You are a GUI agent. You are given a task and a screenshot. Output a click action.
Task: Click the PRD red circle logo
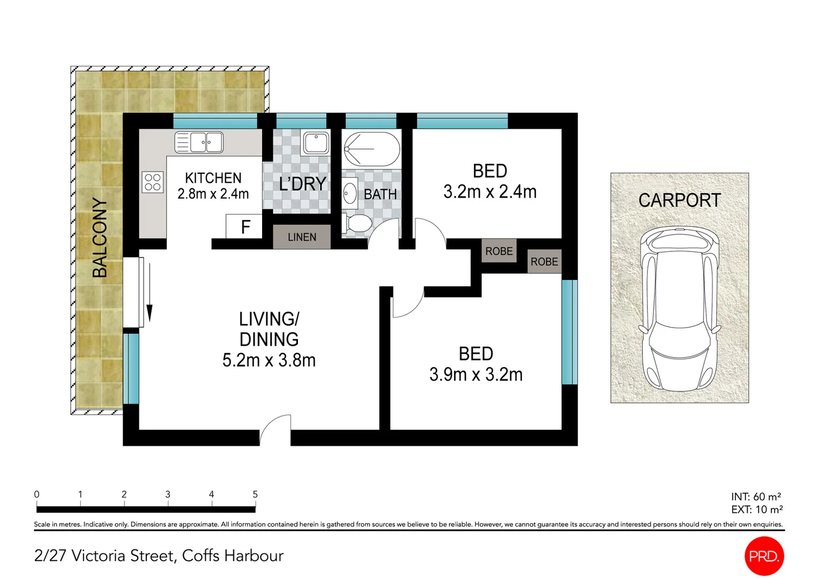tap(764, 556)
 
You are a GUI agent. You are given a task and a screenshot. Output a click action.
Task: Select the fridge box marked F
tap(244, 227)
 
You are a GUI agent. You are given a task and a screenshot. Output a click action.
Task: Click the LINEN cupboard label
tap(302, 237)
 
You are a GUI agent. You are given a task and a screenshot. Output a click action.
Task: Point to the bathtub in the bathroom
tap(371, 149)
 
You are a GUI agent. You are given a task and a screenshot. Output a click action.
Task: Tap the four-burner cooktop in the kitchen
tap(152, 182)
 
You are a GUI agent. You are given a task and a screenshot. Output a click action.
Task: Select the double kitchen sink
tap(199, 143)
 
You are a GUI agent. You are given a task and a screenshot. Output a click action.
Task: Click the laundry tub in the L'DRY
tap(316, 143)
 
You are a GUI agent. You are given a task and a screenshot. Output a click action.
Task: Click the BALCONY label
tap(100, 237)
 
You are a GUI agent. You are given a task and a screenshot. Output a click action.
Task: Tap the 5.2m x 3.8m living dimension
tap(269, 360)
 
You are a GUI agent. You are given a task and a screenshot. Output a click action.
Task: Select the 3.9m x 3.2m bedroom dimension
tap(475, 374)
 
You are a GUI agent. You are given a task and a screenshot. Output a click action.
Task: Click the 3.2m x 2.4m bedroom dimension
tap(489, 191)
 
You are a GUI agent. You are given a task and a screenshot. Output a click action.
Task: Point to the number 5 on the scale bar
tap(255, 494)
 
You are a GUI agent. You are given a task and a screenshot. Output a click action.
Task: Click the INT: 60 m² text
tap(756, 496)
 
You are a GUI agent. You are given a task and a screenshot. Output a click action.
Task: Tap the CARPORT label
tap(679, 200)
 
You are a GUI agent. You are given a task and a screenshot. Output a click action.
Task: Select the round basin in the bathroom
tap(350, 194)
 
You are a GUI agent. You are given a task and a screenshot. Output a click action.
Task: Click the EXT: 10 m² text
tap(756, 509)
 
